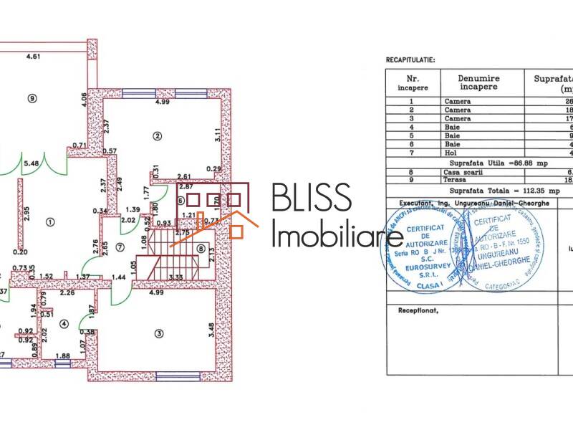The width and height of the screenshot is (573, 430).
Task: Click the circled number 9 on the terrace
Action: coord(32,98)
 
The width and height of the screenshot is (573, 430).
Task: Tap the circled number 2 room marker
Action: coord(155,134)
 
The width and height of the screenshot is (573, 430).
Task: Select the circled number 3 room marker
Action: coord(158,332)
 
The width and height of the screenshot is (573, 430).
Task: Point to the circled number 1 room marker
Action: coord(50,221)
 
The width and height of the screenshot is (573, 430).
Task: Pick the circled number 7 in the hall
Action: coord(120,247)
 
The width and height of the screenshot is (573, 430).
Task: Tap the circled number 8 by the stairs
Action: coord(201,249)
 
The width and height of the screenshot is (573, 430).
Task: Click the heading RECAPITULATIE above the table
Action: coord(410,62)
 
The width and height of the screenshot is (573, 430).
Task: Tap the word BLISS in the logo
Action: coord(312,199)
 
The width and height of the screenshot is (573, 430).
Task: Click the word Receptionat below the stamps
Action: coord(417,311)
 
